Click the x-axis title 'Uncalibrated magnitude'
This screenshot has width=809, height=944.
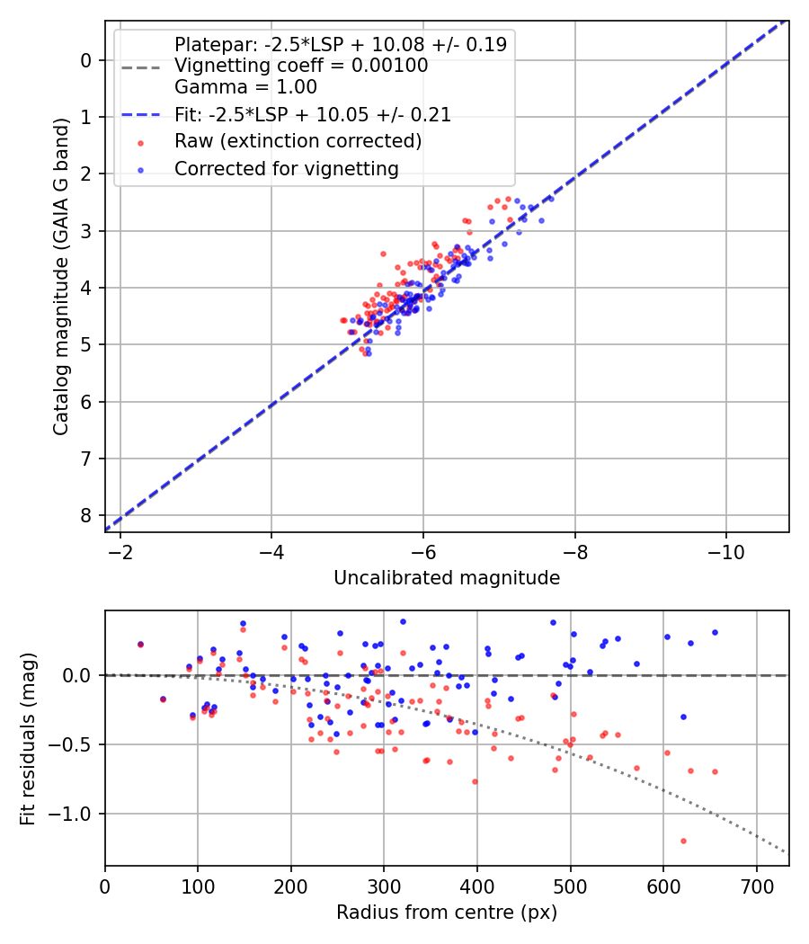[447, 578]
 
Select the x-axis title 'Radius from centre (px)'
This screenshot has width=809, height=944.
[447, 913]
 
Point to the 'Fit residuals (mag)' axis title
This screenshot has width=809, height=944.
[29, 738]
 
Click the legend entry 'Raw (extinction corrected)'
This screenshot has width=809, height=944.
[298, 141]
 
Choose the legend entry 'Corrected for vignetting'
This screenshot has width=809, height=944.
[286, 168]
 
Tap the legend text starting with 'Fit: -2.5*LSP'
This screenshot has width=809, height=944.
[313, 114]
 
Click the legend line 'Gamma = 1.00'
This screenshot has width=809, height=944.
[245, 87]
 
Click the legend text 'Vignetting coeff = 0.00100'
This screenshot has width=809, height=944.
[301, 66]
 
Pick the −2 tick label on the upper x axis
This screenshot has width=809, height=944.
[120, 550]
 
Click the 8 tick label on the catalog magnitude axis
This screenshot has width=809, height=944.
[86, 516]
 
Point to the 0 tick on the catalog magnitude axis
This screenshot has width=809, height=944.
[86, 60]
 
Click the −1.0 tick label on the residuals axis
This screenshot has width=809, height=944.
[76, 814]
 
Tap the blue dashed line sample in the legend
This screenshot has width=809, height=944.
[139, 115]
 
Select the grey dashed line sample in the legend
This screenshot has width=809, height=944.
[139, 66]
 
